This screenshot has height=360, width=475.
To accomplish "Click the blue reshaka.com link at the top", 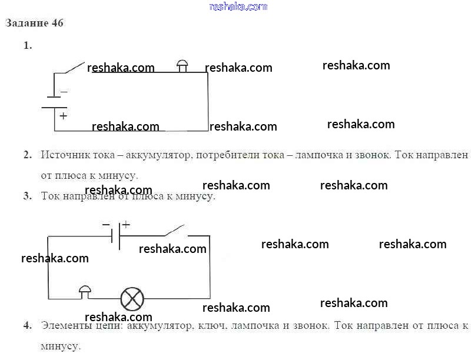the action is point(238,6).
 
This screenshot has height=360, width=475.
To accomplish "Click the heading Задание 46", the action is point(35,23).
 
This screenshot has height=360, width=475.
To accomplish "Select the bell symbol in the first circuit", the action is point(182,66).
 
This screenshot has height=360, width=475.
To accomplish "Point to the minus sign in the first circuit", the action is point(64,91).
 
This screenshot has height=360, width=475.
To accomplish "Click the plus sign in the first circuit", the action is point(63,116).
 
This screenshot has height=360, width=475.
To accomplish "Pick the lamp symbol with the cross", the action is point(132,299).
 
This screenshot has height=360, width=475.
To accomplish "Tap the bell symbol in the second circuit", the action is point(85,292).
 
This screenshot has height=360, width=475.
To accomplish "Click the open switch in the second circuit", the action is point(175,231).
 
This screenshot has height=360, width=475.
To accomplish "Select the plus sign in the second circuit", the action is point(126,225).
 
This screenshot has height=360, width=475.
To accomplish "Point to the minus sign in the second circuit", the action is point(106,225).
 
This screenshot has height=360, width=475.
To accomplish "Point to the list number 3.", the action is point(28,196).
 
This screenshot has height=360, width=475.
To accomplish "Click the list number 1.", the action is point(28,46).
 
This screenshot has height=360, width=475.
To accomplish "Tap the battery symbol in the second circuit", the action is point(116,236).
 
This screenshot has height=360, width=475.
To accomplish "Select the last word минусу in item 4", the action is point(61,346).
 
